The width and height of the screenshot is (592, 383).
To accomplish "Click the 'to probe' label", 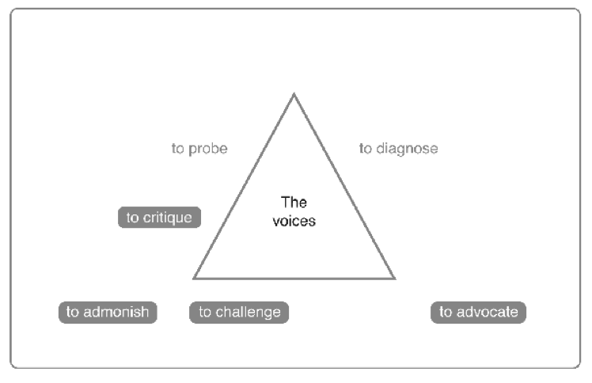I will click(x=199, y=149).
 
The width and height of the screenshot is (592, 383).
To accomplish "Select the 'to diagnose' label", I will click(x=398, y=149).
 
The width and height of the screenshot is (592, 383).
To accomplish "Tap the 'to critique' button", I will click(x=159, y=217).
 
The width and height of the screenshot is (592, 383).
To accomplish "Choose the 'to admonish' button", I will click(x=108, y=312).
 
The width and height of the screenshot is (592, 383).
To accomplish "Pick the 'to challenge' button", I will click(x=239, y=312).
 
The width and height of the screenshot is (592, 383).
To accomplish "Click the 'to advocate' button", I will click(x=478, y=312).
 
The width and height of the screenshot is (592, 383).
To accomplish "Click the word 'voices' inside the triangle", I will click(x=294, y=222).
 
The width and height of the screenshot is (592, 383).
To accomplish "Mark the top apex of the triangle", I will click(x=294, y=94).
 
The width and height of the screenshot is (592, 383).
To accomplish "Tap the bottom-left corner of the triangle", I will click(x=195, y=278).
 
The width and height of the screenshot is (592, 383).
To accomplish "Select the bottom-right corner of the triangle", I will click(x=393, y=278).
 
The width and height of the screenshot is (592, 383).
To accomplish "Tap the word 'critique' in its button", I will click(x=167, y=217).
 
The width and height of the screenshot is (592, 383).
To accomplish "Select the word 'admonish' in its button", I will click(x=116, y=312).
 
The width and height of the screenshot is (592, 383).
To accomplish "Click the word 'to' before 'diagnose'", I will click(x=366, y=149).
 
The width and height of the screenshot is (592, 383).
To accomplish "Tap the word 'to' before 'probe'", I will click(x=178, y=149).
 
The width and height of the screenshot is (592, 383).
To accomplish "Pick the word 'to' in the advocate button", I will click(x=446, y=312).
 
